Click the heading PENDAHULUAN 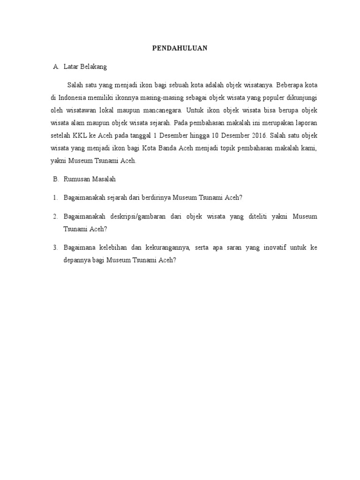point(180,48)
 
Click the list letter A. point(55,67)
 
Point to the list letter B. point(55,179)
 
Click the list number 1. point(55,197)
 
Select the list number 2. point(55,216)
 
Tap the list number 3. point(55,247)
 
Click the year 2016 point(257,135)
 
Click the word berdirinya point(156,197)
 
